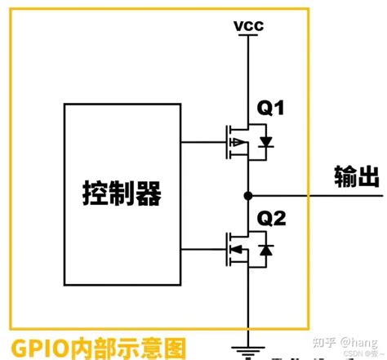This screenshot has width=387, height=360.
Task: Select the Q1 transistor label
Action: (271, 107)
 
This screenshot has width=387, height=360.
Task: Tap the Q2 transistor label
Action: (271, 218)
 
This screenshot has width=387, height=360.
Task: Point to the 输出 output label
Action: (357, 177)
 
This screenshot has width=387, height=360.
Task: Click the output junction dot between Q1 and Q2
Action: (247, 196)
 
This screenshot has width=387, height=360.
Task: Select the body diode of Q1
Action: (265, 140)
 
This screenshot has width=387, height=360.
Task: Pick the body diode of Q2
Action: (265, 249)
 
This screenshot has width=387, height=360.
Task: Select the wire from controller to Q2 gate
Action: (203, 247)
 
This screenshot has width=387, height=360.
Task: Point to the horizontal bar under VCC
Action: (247, 38)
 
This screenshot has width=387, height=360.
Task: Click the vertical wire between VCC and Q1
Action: (247, 73)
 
